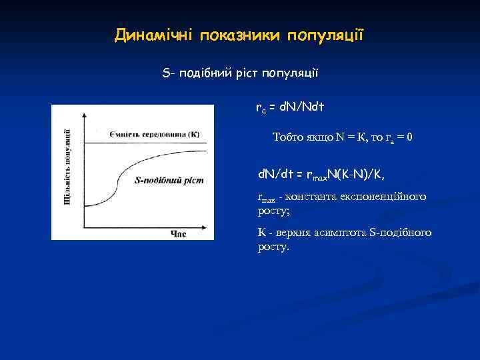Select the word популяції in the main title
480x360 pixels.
coord(325,35)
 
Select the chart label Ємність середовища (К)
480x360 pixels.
coord(155,134)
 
